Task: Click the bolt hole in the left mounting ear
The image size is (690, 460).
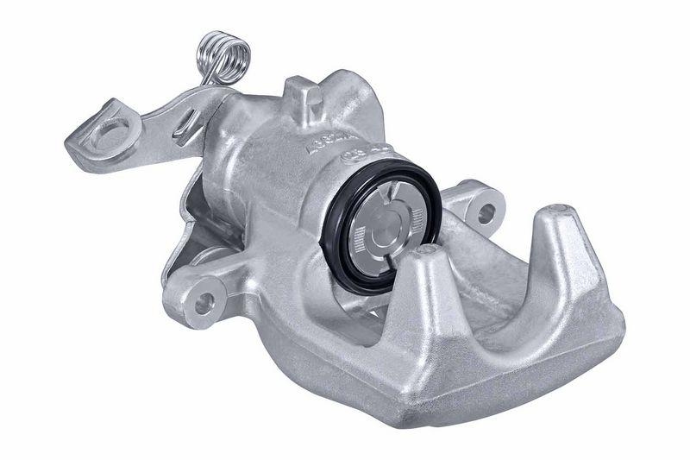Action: tap(204, 301)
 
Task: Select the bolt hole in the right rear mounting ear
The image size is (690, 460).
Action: tap(486, 210)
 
